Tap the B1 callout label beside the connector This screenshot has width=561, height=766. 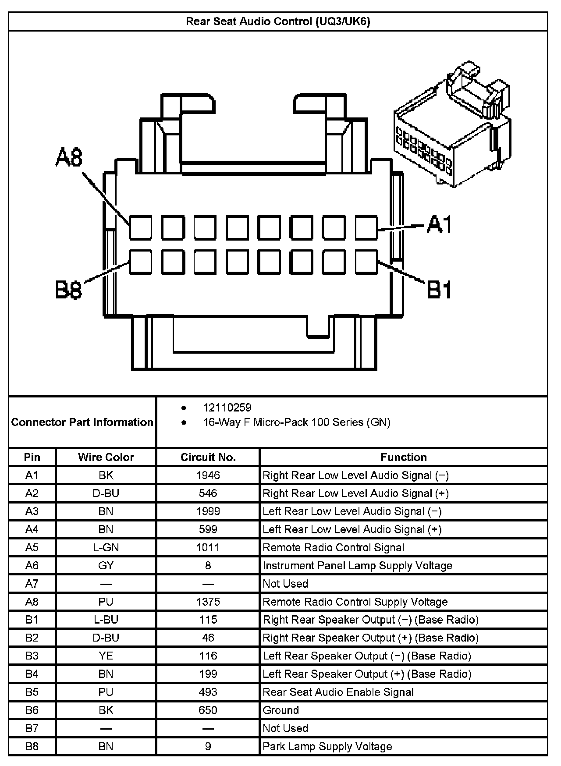(x=439, y=290)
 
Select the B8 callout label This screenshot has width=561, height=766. (x=69, y=290)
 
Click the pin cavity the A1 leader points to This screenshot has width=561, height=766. (x=366, y=227)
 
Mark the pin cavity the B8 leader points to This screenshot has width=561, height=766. (x=140, y=262)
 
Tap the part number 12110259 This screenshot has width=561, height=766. (x=227, y=408)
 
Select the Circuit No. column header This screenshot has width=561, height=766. (x=208, y=457)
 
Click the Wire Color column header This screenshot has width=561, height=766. (x=106, y=457)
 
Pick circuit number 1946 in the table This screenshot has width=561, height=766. (x=208, y=475)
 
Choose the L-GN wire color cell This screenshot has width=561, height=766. (x=106, y=547)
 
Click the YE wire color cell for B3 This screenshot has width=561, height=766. (x=106, y=656)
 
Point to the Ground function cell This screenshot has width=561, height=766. (x=281, y=710)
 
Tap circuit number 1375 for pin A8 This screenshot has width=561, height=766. (x=208, y=602)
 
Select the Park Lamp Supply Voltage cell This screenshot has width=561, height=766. (x=327, y=746)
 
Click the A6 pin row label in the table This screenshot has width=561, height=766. (x=32, y=566)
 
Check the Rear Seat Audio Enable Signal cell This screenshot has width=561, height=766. (x=338, y=692)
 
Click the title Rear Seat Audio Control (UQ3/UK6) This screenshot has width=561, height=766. (x=278, y=21)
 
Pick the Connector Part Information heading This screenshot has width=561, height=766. (x=82, y=422)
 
